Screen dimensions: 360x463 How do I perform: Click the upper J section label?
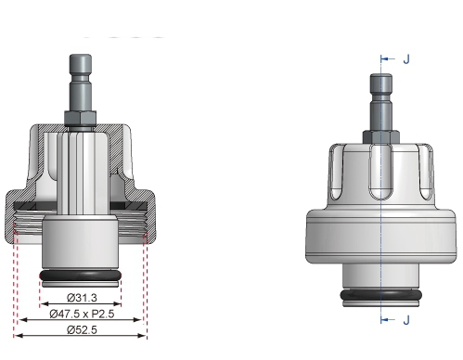click(x=405, y=58)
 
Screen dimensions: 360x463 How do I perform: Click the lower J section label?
click(x=405, y=320)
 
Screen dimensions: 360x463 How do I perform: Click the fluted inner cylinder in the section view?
click(x=80, y=167)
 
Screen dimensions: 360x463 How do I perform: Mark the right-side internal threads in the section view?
click(x=140, y=227)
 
